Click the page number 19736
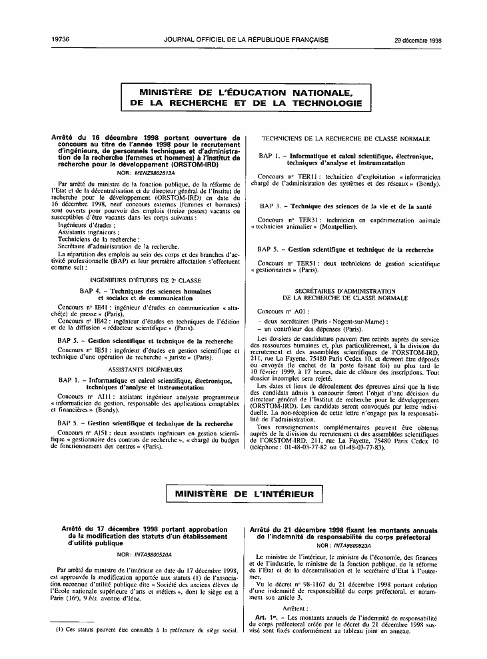[x=61, y=40]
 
